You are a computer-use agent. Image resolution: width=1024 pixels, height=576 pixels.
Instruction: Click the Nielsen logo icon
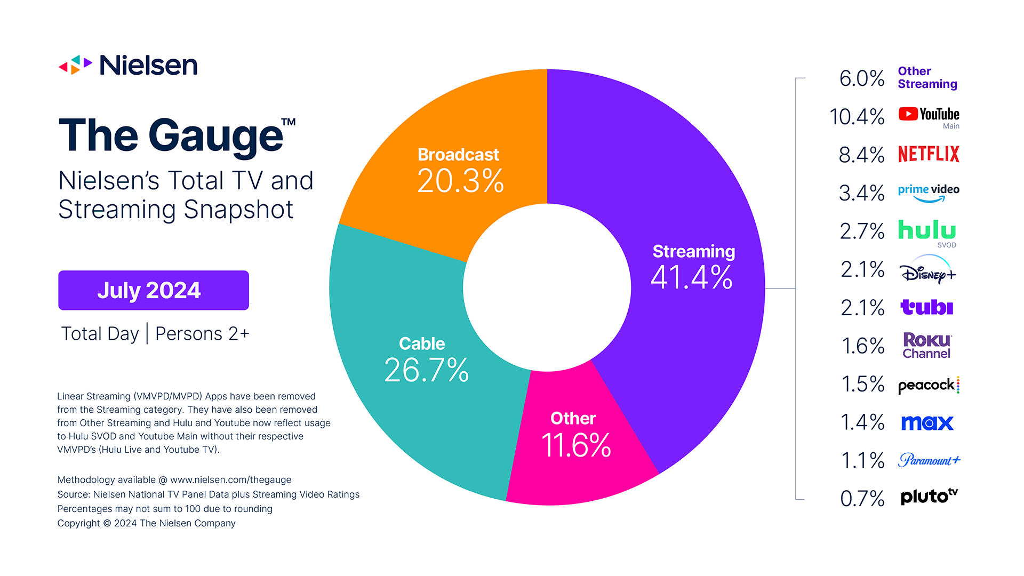click(75, 65)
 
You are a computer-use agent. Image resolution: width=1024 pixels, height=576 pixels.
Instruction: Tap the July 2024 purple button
click(154, 290)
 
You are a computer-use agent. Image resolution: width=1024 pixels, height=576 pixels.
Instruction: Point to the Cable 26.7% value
click(426, 370)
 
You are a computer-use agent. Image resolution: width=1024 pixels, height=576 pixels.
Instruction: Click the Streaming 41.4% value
click(692, 277)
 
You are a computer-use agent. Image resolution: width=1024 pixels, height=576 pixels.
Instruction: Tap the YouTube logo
click(929, 115)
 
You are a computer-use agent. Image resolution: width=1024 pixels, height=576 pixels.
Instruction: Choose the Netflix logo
click(929, 154)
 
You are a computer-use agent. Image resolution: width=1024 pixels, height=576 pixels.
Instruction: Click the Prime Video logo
click(929, 193)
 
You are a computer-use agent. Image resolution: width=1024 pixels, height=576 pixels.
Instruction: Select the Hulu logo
click(927, 230)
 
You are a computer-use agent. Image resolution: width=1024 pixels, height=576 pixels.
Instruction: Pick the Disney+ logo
click(928, 271)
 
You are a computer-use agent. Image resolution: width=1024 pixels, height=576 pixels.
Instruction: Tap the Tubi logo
click(927, 307)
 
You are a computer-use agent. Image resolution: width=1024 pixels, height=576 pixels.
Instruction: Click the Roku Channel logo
click(927, 346)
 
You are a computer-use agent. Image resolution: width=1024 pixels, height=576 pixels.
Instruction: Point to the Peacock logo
click(929, 385)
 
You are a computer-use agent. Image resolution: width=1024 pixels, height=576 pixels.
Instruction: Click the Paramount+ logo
click(929, 460)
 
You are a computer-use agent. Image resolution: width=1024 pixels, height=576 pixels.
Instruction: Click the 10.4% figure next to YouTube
click(857, 117)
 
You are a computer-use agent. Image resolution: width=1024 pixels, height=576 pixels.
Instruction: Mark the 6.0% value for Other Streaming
click(862, 78)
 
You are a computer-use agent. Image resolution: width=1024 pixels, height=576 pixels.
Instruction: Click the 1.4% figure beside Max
click(862, 422)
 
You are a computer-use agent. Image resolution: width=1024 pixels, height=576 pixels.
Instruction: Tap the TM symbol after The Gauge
click(289, 122)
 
